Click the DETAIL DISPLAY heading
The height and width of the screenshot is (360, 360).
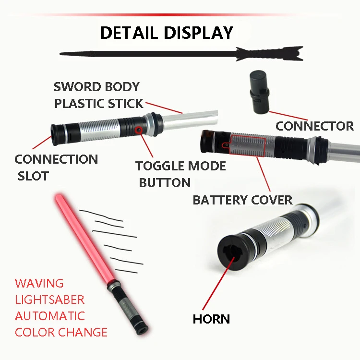pos(166,33)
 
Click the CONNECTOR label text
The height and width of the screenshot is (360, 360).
pos(314,126)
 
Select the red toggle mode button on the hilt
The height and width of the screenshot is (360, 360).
pos(139,129)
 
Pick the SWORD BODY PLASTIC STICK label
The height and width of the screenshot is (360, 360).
pos(98,95)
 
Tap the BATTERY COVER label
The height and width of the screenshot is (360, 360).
pos(242,200)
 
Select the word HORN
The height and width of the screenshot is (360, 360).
pos(211,319)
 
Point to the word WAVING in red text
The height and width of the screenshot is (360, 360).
pos(39,283)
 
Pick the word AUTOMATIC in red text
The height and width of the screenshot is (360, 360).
pos(50,316)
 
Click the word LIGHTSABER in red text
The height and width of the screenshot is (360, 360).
pos(50,300)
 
